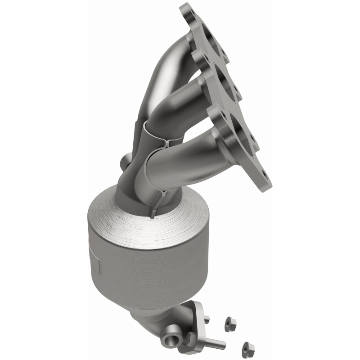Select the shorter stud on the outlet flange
206,320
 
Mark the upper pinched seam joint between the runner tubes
165,142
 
